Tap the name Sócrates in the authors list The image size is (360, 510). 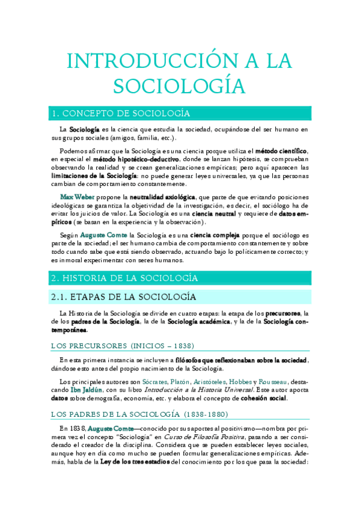[156, 381]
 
